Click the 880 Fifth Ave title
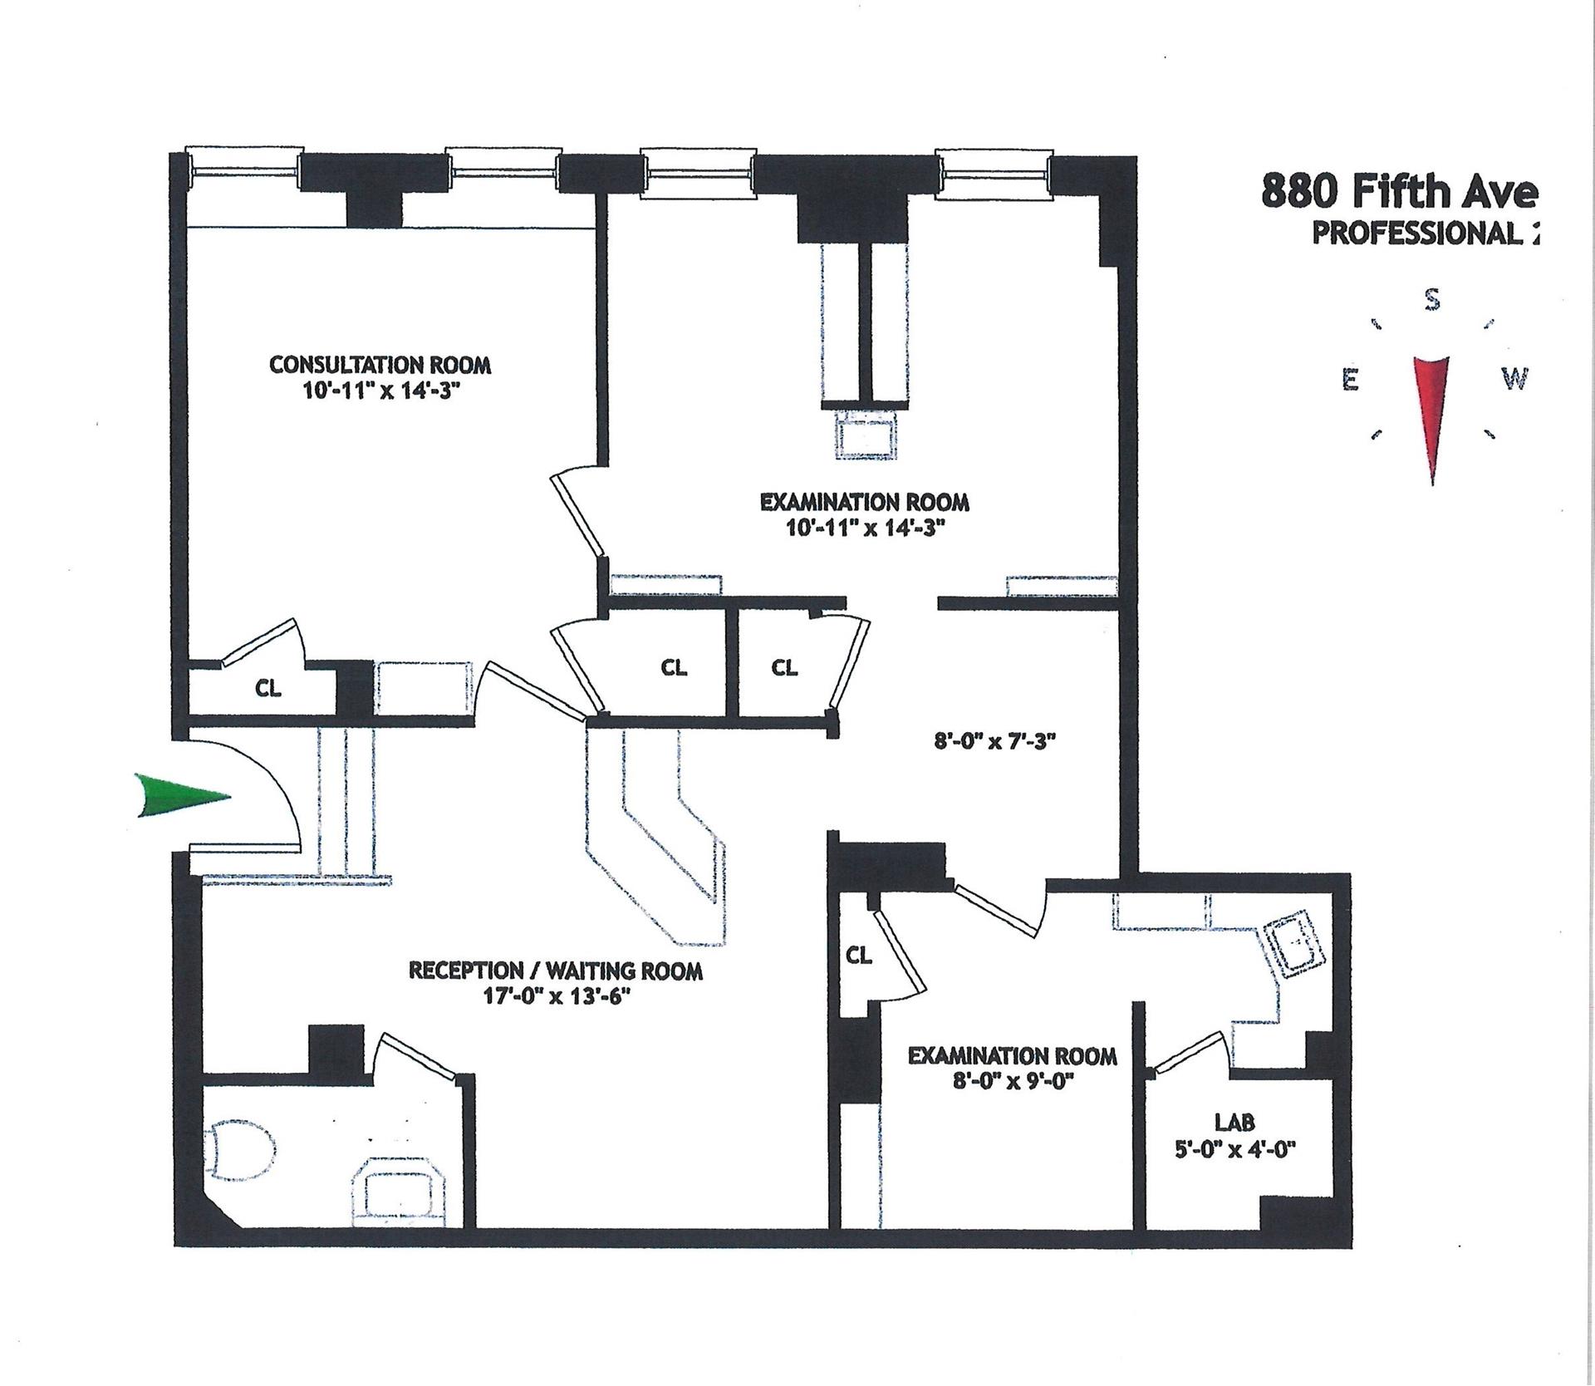tap(1397, 193)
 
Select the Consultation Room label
tap(380, 365)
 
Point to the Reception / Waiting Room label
tap(555, 971)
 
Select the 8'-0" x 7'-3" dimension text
tap(994, 741)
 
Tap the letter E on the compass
tap(1351, 381)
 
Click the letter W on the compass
tap(1514, 379)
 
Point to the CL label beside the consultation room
tap(268, 688)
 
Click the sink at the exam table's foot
tap(867, 433)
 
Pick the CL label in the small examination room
tap(859, 956)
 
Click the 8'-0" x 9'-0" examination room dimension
tap(1012, 1083)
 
